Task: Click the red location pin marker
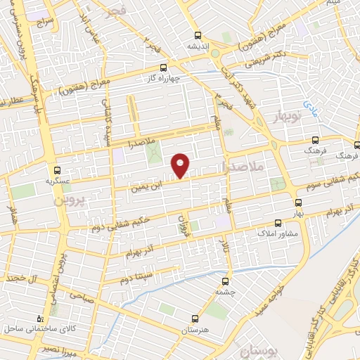click(x=181, y=165)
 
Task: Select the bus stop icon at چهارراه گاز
click(x=164, y=68)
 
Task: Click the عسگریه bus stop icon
click(x=58, y=169)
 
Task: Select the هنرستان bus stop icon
click(x=199, y=319)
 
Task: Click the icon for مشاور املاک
click(x=278, y=222)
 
